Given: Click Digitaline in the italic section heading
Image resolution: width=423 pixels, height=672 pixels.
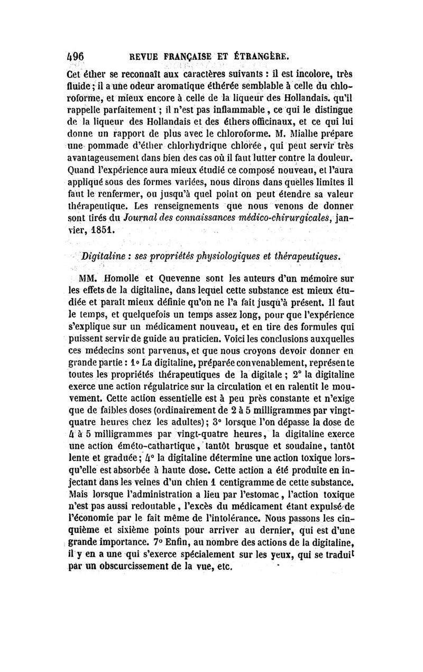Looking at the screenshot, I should [x=104, y=256].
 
